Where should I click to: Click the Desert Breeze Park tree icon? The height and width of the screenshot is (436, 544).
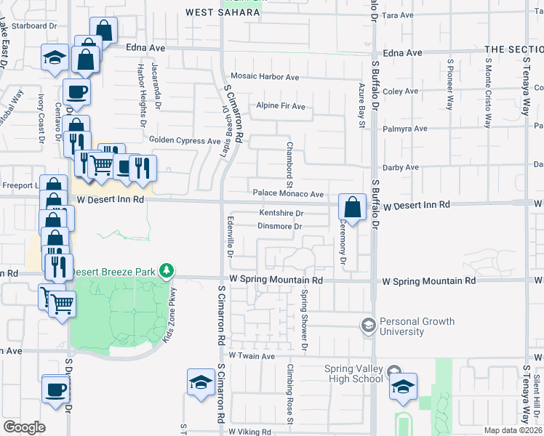pos(167,272)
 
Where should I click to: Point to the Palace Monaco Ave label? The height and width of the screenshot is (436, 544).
pos(288,194)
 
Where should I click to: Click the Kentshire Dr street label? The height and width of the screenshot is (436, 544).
pos(281,213)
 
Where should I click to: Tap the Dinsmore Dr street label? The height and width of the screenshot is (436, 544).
pos(279,226)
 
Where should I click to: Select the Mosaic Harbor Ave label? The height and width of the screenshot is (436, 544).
pos(264,76)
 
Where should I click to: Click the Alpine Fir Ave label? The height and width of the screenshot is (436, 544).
pos(280,106)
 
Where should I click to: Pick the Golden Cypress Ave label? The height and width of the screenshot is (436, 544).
pos(184,140)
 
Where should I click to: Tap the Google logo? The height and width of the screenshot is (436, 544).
pos(23,427)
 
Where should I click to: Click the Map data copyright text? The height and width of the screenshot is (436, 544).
pos(513,430)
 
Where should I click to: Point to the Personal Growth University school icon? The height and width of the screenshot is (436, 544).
pos(368,323)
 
